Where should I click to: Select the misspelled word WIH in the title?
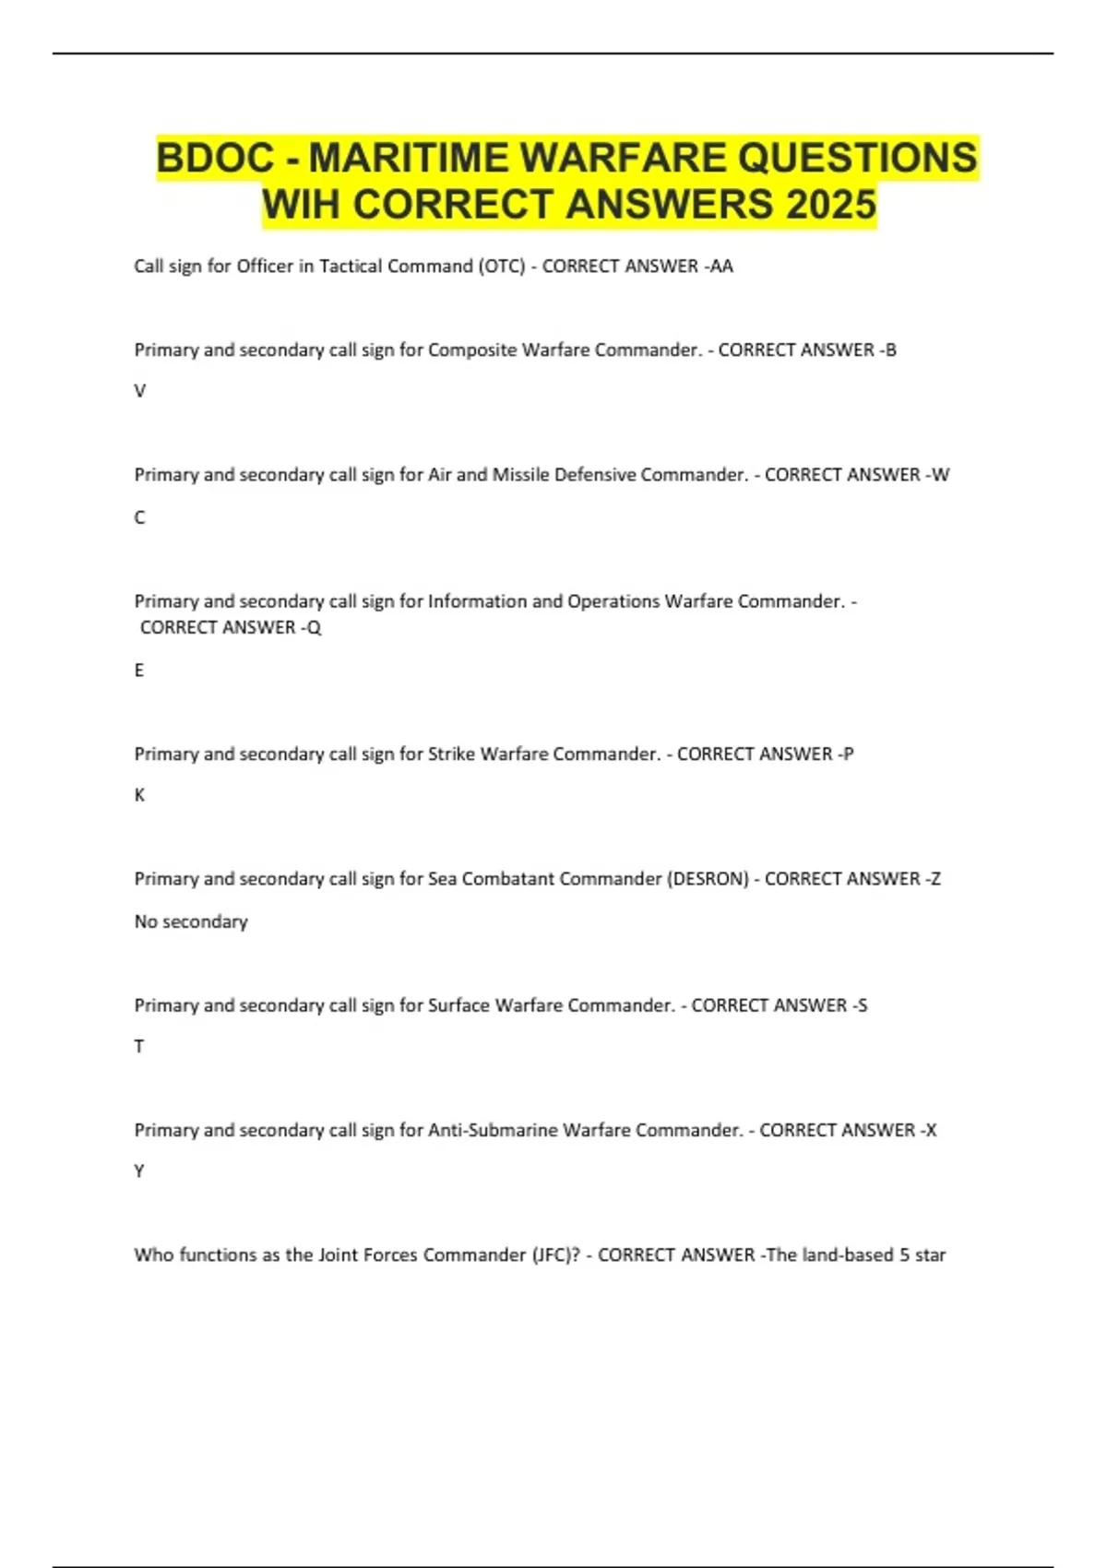coord(301,205)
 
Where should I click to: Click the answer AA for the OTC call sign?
coord(720,267)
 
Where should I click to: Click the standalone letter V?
coord(140,391)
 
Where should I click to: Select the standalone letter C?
coord(140,517)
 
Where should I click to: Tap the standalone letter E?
coord(139,671)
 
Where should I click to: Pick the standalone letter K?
coord(140,795)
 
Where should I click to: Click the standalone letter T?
coord(139,1047)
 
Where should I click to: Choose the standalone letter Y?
coord(139,1171)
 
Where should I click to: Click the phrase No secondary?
coord(191,921)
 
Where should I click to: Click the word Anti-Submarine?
coord(493,1130)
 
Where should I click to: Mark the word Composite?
coord(472,350)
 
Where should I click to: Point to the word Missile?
coord(520,475)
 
